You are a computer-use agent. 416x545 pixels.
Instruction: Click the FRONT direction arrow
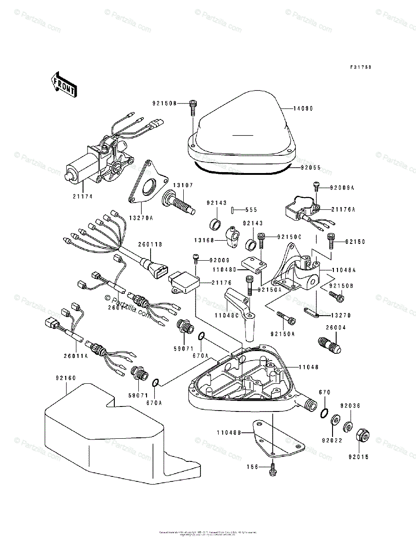click(x=64, y=84)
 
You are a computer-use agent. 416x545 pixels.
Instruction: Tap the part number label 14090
click(x=303, y=109)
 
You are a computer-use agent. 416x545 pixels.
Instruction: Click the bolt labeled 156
click(x=273, y=466)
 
